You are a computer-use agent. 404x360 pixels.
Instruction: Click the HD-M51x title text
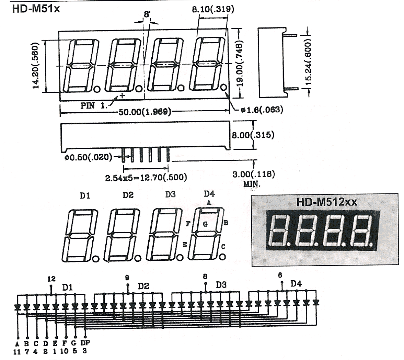point(36,9)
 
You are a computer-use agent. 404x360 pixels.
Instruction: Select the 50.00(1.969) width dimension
point(145,112)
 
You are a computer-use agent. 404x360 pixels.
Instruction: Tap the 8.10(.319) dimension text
point(213,9)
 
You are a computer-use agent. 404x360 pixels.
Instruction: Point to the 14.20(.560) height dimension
point(36,66)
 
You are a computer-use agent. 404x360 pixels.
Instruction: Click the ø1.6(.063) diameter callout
point(262,110)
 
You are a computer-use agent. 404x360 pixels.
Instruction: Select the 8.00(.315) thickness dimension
point(253,135)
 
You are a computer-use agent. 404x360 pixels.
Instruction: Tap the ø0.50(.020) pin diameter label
point(88,157)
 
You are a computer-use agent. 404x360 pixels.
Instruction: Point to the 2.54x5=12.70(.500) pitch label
point(146,177)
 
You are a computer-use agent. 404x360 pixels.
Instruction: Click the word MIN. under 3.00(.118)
point(252,184)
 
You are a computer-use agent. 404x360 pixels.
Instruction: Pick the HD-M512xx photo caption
point(327,202)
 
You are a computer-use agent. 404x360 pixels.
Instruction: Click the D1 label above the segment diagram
point(85,196)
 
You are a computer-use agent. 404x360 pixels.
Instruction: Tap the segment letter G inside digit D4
point(205,224)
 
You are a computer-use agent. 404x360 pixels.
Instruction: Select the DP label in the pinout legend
point(85,343)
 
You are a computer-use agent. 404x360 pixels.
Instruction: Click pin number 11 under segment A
point(17,351)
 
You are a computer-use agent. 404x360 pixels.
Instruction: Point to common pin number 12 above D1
point(51,279)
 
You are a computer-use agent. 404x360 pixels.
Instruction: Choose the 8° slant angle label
point(147,14)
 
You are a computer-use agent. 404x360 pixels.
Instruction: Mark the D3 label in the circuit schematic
point(221,285)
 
